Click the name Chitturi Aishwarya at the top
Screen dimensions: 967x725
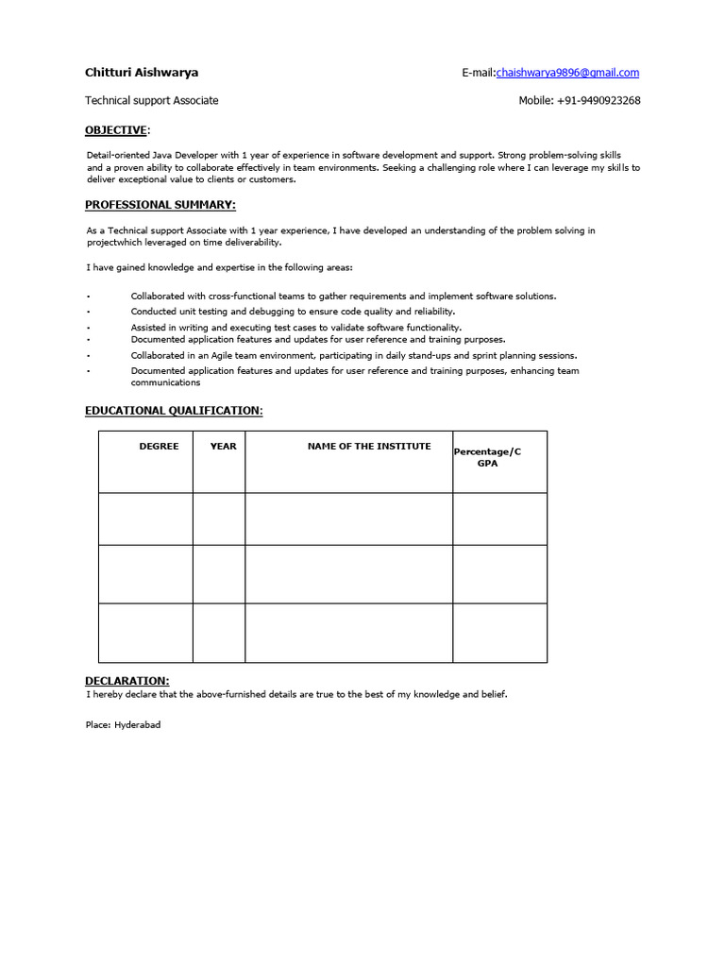click(x=142, y=73)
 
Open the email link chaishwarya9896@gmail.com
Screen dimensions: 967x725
click(x=567, y=73)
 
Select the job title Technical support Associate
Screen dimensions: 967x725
click(x=151, y=101)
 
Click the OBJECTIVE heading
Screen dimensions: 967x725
click(x=116, y=130)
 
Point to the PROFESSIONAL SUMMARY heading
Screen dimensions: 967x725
click(x=160, y=205)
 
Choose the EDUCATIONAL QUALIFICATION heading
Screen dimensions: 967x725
click(x=174, y=411)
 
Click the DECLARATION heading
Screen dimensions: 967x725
click(x=127, y=680)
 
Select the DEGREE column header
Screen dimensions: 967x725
click(x=159, y=447)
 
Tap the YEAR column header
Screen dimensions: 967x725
click(x=224, y=447)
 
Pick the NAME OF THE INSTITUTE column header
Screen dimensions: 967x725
click(x=369, y=447)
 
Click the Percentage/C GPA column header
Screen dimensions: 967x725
click(x=487, y=458)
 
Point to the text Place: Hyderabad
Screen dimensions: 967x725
click(x=123, y=725)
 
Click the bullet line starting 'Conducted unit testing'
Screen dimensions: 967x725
click(x=293, y=311)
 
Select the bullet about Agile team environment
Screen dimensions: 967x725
click(x=354, y=356)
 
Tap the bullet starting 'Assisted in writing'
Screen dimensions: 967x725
click(x=296, y=328)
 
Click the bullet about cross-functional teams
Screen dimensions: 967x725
click(x=344, y=297)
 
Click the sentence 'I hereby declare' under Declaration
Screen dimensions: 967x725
click(x=296, y=694)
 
